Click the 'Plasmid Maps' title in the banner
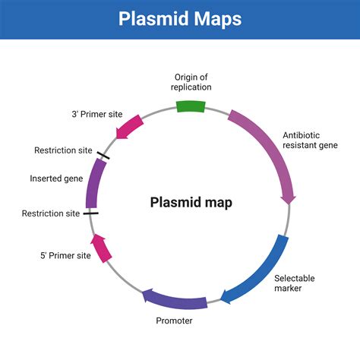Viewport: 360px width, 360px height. tap(180, 19)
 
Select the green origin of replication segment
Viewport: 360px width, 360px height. tap(190, 106)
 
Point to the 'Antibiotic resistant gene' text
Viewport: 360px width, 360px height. tap(311, 141)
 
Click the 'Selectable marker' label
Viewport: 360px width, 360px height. tap(294, 283)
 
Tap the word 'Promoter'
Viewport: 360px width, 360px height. tap(174, 321)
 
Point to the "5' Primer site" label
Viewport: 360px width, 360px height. tap(66, 255)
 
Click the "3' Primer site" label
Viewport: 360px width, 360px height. tap(96, 114)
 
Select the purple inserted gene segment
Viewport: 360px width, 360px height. tap(93, 185)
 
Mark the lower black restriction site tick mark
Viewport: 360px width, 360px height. tap(90, 213)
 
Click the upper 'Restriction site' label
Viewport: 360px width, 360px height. tap(63, 150)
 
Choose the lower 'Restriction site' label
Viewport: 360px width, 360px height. tap(50, 213)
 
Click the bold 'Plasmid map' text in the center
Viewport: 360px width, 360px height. tap(191, 203)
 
